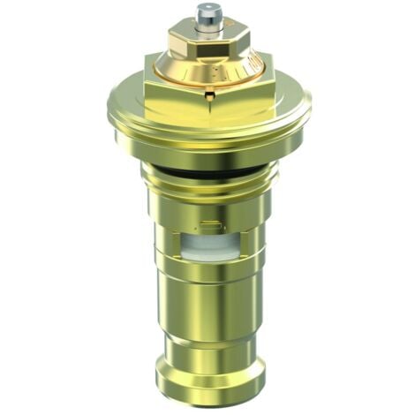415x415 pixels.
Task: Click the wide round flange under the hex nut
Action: (x=207, y=131)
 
